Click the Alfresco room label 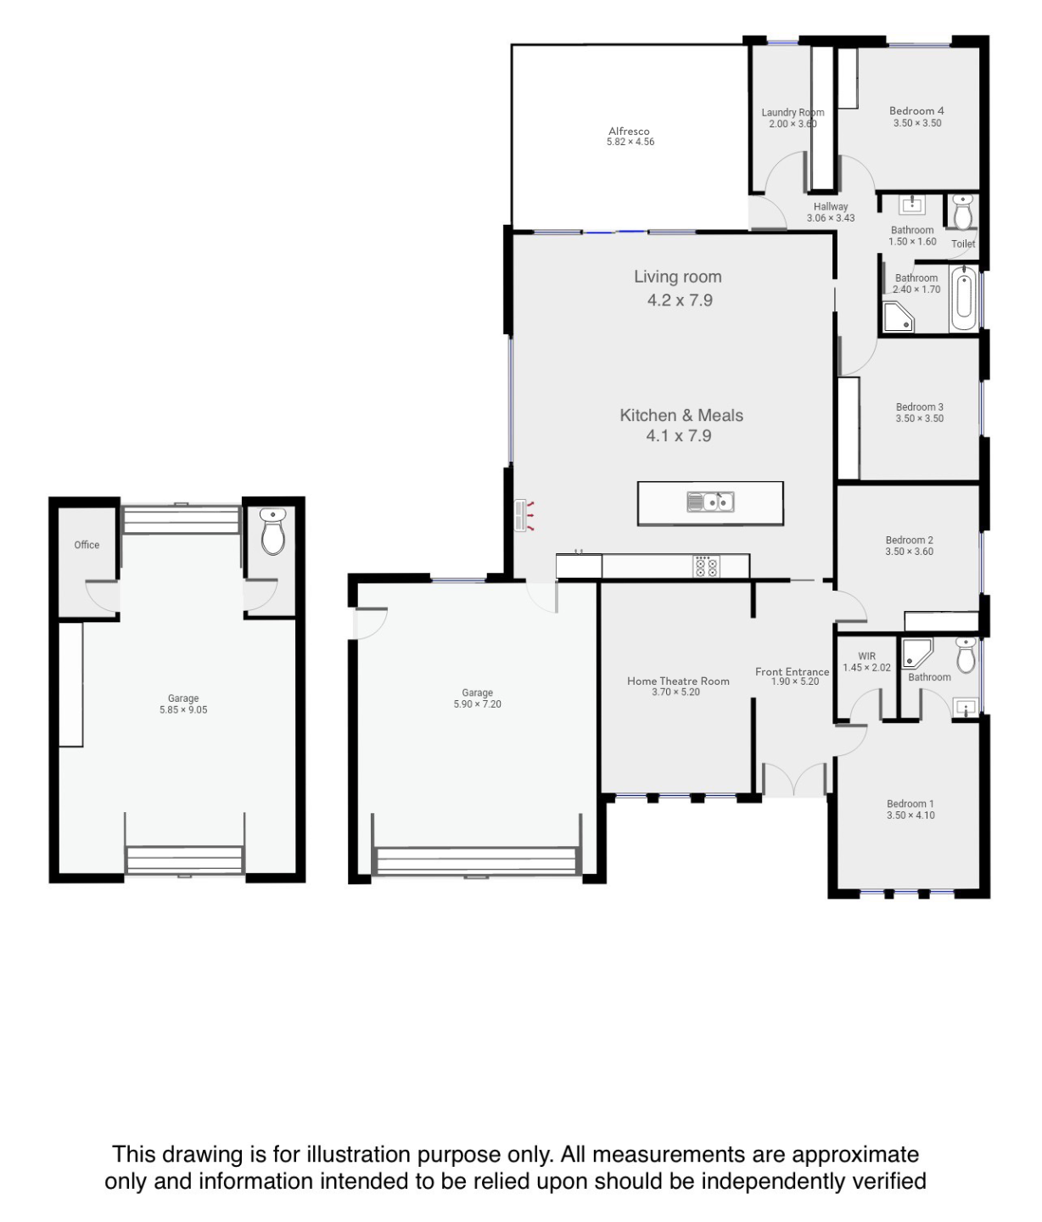(629, 132)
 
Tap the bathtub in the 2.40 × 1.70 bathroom (963, 299)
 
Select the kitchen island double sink (710, 502)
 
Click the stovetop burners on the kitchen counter (706, 566)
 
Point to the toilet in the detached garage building (273, 531)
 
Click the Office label (87, 545)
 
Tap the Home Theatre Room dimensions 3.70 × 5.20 (675, 692)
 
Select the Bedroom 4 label (916, 110)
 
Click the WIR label (866, 656)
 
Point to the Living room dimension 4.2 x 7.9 (680, 300)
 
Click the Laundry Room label (793, 112)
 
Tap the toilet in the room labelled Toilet (963, 212)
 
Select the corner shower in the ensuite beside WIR (917, 653)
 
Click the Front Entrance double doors (794, 780)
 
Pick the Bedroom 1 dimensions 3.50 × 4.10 (910, 815)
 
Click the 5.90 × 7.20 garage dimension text (477, 703)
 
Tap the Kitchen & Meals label (681, 415)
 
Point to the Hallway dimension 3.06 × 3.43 (831, 217)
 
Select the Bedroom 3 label (919, 406)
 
